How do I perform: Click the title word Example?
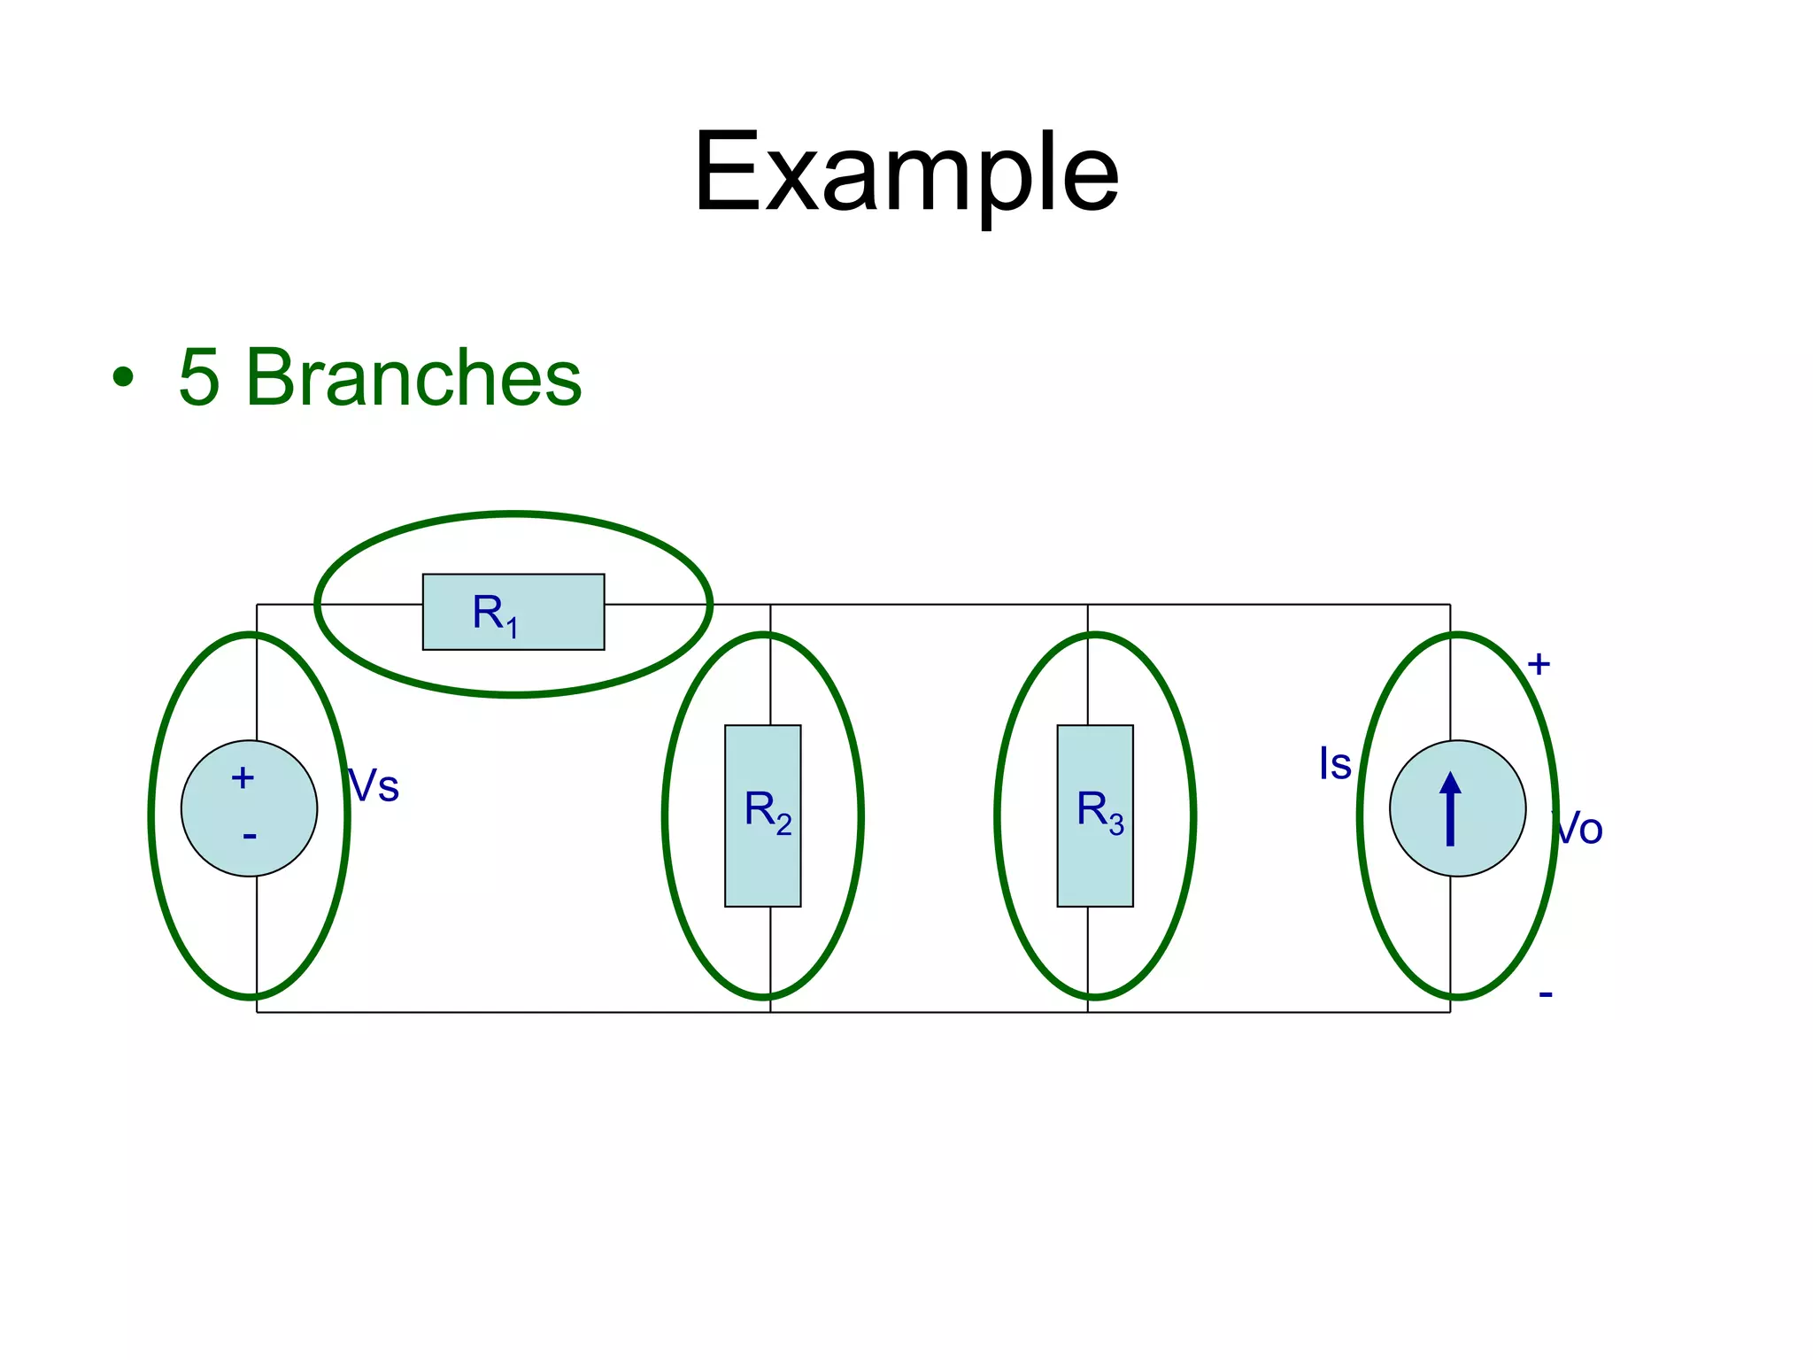pos(906,174)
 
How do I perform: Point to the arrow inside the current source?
pos(1450,809)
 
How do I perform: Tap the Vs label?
pos(374,786)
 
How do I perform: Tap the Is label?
pos(1335,764)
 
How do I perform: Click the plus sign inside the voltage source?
pos(243,778)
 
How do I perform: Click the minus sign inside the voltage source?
pos(250,836)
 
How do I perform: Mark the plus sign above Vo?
pos(1539,664)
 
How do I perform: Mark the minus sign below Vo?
pos(1546,994)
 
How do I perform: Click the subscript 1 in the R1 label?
pos(512,628)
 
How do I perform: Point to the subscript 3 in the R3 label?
pos(1116,825)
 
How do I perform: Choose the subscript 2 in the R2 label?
pos(783,825)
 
